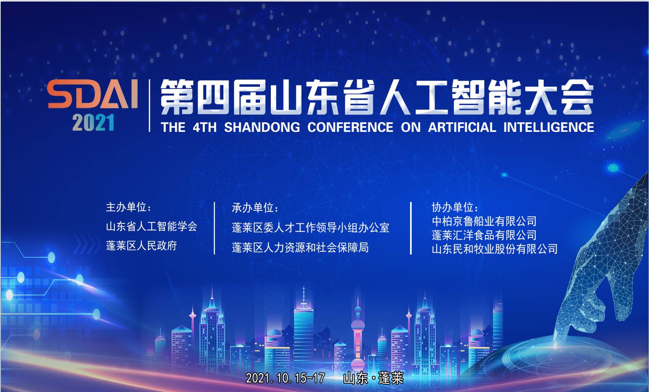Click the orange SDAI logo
click(92, 94)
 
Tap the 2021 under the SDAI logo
click(93, 123)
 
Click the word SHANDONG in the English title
click(262, 127)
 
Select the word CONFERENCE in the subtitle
click(350, 127)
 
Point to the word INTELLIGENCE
click(549, 127)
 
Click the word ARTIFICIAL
click(462, 127)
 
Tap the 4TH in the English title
click(204, 127)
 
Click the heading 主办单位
click(128, 207)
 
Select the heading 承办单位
click(255, 208)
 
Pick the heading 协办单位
click(455, 207)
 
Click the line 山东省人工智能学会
click(151, 227)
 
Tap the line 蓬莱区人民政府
click(141, 246)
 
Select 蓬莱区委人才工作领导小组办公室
click(310, 228)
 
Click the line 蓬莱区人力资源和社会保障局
click(300, 248)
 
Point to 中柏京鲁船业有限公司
click(484, 221)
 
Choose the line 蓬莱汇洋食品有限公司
click(484, 235)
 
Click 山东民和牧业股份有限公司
click(495, 249)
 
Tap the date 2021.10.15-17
click(285, 378)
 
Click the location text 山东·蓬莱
click(373, 378)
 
